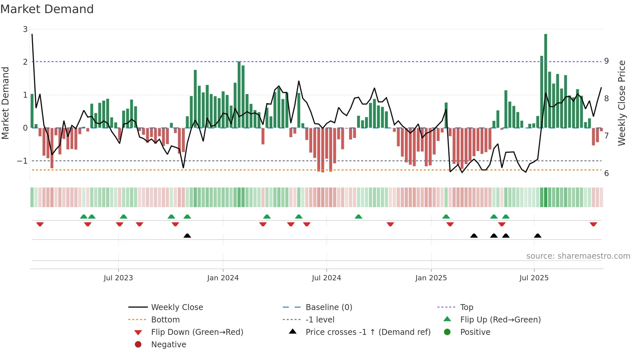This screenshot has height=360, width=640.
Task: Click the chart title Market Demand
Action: [47, 9]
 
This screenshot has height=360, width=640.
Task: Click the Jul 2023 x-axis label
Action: [118, 278]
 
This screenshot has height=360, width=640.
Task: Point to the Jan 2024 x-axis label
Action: [223, 278]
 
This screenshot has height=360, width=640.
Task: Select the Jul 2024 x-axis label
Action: [326, 278]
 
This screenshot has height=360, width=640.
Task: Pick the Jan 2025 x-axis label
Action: [431, 278]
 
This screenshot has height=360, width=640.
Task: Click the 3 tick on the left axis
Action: [25, 29]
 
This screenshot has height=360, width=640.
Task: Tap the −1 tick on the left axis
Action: [22, 161]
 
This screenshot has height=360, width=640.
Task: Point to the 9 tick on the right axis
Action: [606, 61]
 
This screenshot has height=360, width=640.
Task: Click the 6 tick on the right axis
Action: [606, 173]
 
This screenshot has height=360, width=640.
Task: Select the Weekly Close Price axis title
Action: [622, 103]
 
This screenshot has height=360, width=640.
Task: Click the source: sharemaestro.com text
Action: [578, 256]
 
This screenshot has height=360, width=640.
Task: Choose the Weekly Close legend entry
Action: [177, 307]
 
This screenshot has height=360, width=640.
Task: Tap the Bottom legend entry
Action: [165, 320]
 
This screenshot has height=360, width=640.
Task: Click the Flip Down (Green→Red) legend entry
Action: [197, 332]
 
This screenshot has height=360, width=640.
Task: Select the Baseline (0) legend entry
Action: [328, 307]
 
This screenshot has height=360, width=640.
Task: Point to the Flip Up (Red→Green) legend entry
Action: [500, 320]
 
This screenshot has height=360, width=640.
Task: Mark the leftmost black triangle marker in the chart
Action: [187, 236]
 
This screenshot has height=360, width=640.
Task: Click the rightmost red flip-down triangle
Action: [593, 224]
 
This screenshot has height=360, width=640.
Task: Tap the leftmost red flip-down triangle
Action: [40, 224]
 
